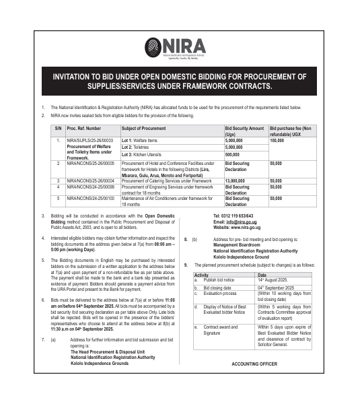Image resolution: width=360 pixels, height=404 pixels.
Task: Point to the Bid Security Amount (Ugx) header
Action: tap(244, 130)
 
